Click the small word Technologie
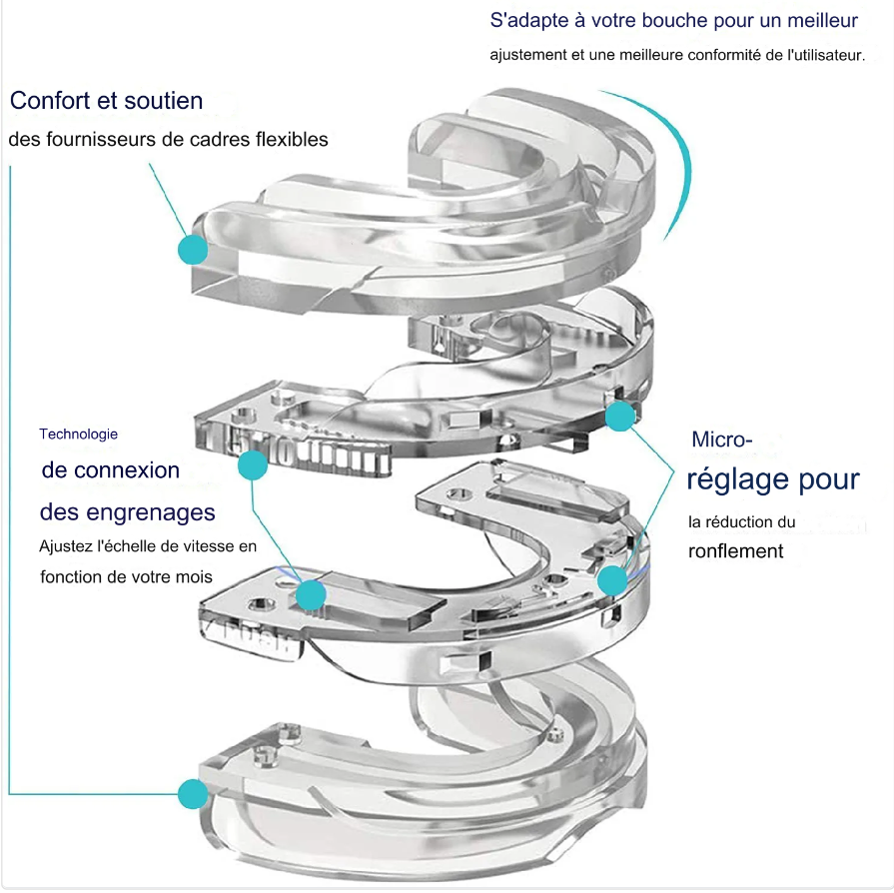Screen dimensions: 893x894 point(78,434)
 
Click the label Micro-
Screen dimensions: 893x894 point(722,440)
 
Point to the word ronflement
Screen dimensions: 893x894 point(735,551)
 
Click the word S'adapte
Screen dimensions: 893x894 point(528,20)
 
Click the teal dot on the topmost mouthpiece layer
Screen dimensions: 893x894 point(192,249)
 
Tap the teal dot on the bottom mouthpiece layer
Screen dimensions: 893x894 point(192,795)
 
